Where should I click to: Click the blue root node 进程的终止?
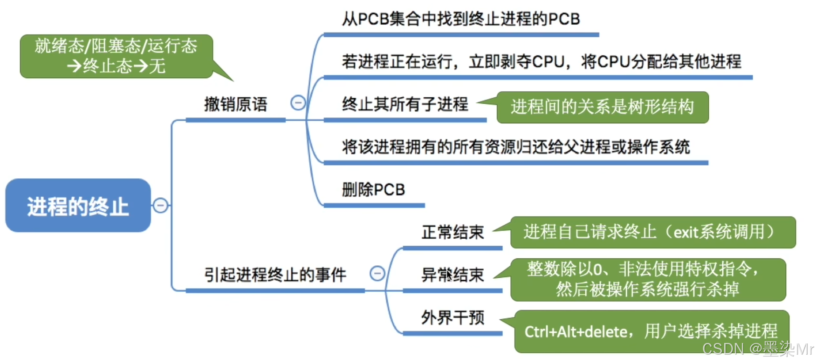pos(78,206)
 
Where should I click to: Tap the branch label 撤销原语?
pos(236,104)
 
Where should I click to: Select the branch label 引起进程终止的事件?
pos(275,275)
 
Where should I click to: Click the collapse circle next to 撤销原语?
pos(298,102)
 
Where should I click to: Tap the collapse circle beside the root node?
pos(160,205)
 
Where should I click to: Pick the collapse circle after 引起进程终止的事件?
pos(377,273)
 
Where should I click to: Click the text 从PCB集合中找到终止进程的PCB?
pos(460,19)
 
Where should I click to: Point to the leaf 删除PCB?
pos(373,189)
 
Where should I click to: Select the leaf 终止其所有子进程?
pos(405,104)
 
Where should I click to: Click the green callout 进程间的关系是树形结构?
pos(602,107)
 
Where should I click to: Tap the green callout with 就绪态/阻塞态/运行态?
pos(116,56)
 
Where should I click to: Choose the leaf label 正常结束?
pos(453,232)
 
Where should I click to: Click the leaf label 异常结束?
pos(453,275)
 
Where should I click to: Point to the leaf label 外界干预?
pos(453,317)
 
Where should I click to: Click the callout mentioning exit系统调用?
pos(652,232)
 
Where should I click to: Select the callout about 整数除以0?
pos(648,279)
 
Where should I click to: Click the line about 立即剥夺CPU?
pos(542,61)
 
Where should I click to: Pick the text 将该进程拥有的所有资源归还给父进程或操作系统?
pos(515,147)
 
